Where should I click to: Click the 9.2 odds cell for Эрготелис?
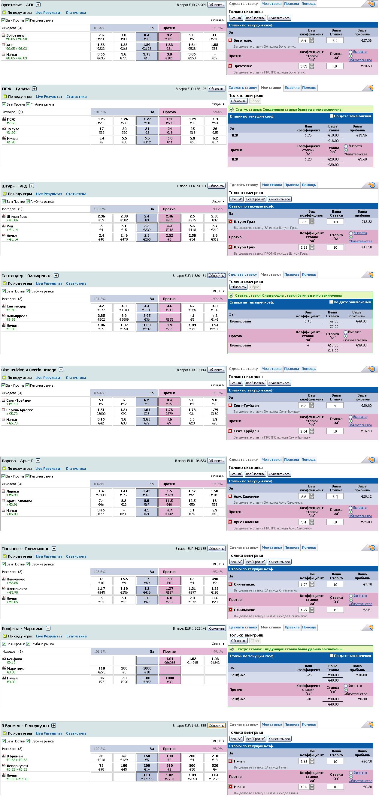[169, 37]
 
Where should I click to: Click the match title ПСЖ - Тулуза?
[16, 89]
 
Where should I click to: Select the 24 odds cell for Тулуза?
[169, 130]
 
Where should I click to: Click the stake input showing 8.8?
[335, 222]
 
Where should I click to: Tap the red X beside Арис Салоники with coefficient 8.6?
[230, 496]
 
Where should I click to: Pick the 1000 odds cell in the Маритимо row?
[147, 670]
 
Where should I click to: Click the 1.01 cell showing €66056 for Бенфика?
[169, 661]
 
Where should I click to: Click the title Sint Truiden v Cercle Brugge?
[29, 370]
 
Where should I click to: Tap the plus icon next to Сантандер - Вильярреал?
[56, 276]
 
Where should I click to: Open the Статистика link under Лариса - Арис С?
[76, 469]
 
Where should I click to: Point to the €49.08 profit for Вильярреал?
[361, 321]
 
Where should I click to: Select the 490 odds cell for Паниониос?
[215, 581]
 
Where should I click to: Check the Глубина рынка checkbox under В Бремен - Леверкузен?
[28, 741]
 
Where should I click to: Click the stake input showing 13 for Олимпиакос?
[335, 610]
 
